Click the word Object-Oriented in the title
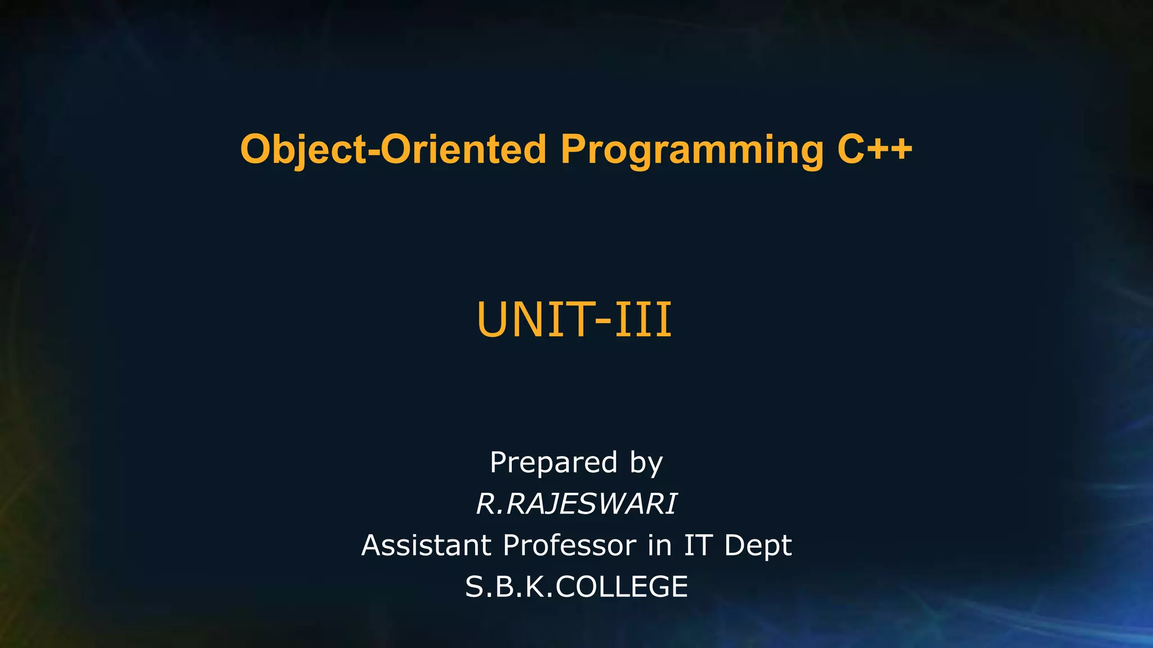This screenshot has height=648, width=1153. (393, 150)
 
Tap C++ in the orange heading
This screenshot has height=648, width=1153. (875, 150)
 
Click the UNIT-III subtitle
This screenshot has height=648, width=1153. (574, 319)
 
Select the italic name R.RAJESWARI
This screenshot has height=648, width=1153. (576, 503)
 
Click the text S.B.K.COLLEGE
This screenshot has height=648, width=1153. (576, 587)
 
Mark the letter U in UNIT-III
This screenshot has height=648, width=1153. (493, 319)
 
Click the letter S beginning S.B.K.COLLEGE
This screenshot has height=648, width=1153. (474, 587)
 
